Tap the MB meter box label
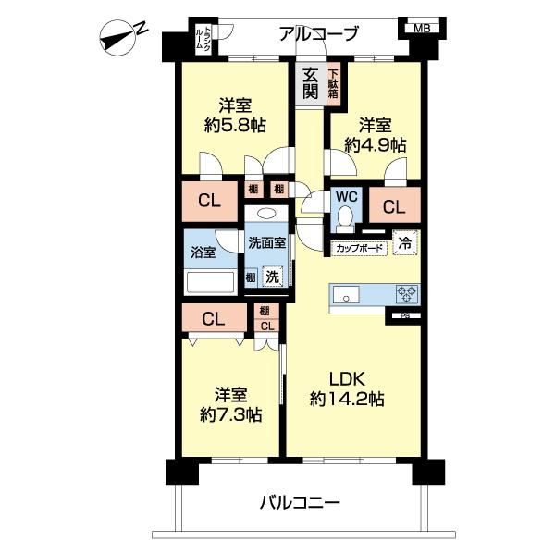(x=421, y=28)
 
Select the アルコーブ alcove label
(x=317, y=34)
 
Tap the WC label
(x=346, y=197)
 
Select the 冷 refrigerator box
(x=405, y=243)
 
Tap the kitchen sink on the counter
(x=348, y=295)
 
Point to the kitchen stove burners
(x=407, y=294)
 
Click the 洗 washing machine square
(x=273, y=275)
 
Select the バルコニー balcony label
(x=299, y=504)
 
